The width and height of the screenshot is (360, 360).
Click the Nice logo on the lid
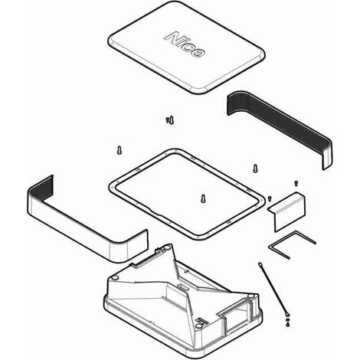click(x=185, y=44)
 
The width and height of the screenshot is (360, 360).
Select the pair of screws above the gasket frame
click(x=170, y=119)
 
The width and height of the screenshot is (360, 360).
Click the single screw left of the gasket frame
click(x=119, y=150)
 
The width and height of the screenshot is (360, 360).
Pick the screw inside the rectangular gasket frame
click(x=203, y=198)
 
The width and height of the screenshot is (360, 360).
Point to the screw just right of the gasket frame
click(x=255, y=168)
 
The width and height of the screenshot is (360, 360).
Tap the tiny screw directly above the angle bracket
click(x=296, y=183)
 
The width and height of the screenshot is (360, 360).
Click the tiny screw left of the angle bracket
click(x=270, y=198)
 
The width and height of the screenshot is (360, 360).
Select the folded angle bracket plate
click(x=287, y=212)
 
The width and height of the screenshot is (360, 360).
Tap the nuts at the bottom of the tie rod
click(x=288, y=322)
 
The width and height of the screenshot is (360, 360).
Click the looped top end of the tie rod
click(x=260, y=264)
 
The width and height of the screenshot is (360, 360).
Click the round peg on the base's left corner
click(x=115, y=277)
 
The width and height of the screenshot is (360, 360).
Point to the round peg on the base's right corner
click(x=250, y=296)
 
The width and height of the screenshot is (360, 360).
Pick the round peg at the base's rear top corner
click(x=167, y=247)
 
